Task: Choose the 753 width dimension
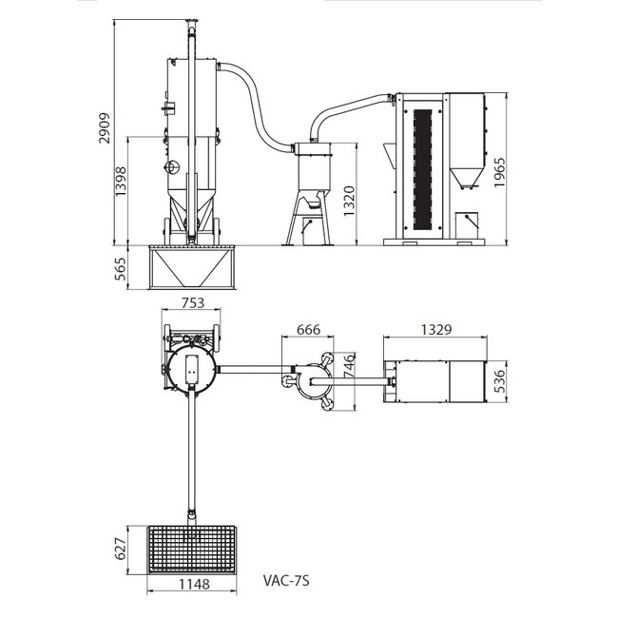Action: click(192, 304)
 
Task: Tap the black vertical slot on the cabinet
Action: click(423, 171)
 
